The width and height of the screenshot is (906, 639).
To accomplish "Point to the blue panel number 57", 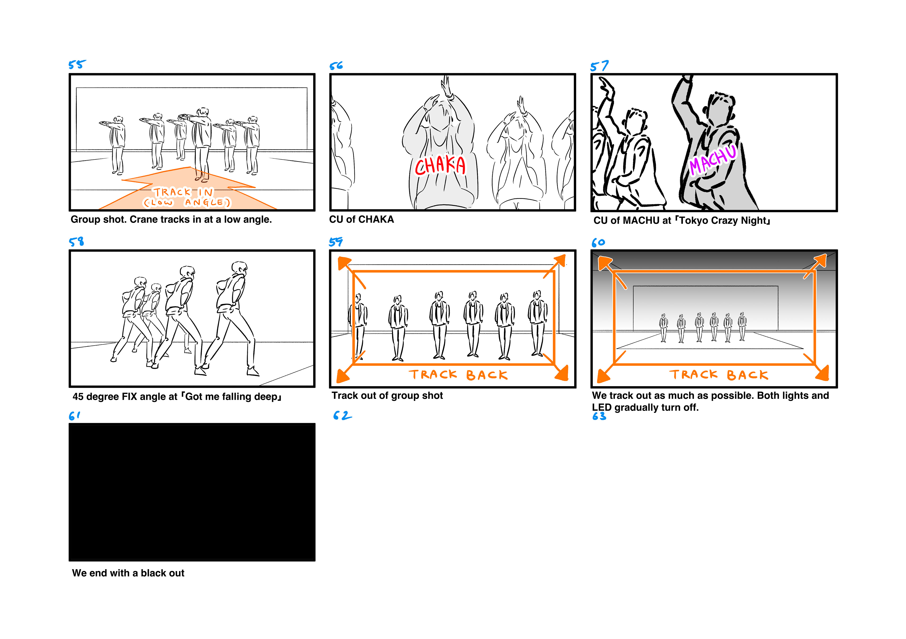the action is (599, 66).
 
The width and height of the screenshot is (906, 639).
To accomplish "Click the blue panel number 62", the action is (342, 416).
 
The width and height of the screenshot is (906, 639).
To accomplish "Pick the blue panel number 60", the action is (598, 243).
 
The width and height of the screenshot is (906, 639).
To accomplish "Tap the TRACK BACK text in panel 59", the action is (458, 375).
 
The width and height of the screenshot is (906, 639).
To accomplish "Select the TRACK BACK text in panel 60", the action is (719, 375).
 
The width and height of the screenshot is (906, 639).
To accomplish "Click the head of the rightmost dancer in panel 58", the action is (239, 268).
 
